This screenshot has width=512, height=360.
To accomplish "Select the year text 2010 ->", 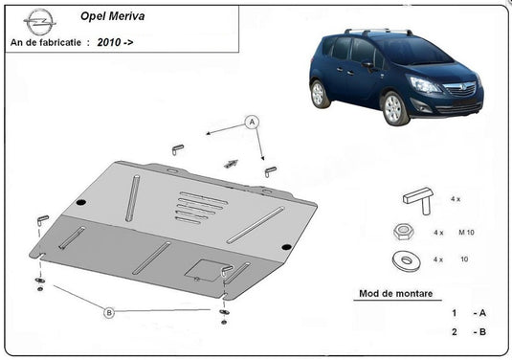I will coord(115,43).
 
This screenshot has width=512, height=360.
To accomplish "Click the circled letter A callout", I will coord(252,122).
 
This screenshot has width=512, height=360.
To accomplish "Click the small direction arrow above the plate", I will coord(230,163).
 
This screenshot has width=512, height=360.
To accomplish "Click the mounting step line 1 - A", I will coord(470,312).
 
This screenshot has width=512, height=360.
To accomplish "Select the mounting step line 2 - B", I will coord(470,332).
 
